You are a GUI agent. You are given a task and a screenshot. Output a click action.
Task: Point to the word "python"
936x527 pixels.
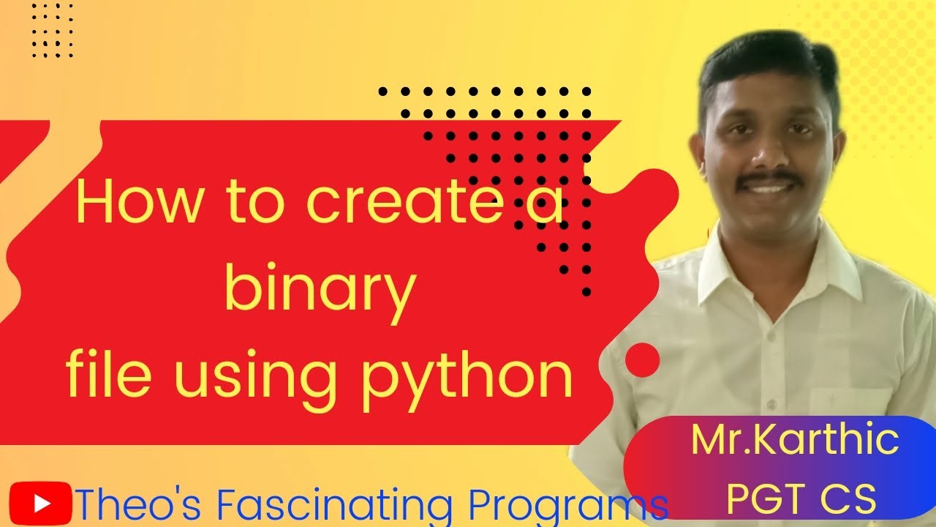(467, 374)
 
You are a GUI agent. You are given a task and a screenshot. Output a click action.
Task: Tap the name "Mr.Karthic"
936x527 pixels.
(795, 440)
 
